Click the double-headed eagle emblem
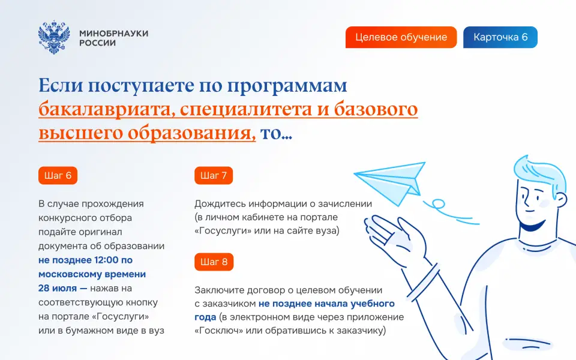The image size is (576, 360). [x=54, y=37]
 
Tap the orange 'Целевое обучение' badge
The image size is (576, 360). [x=401, y=37]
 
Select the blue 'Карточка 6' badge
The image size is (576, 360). [x=500, y=37]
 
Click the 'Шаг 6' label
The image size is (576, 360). [x=58, y=176]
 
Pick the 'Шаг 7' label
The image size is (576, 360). [x=214, y=176]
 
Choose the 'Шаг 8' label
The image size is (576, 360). [x=214, y=262]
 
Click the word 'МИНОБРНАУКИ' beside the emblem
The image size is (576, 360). [x=114, y=33]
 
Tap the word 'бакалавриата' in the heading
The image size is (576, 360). [x=104, y=109]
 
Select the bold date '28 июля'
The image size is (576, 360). [x=58, y=289]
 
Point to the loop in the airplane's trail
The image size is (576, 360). [x=438, y=203]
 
